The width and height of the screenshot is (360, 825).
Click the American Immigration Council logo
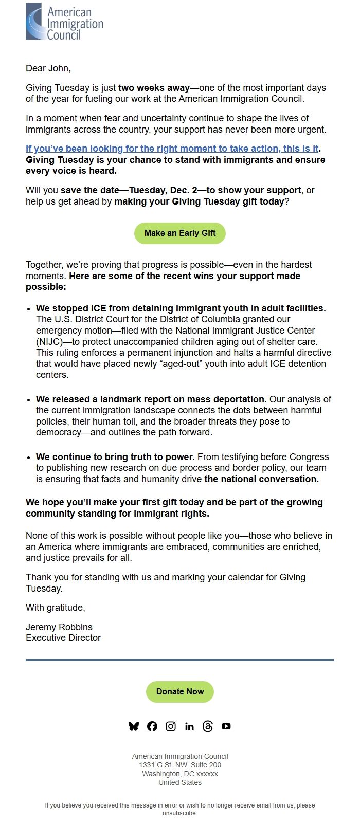[x=64, y=22]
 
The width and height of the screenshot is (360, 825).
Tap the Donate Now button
[x=180, y=691]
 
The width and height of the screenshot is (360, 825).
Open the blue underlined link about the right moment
[x=172, y=149]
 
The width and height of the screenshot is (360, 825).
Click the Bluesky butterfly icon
[x=134, y=726]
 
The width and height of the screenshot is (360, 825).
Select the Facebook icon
[x=152, y=726]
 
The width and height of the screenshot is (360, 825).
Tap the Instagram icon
[x=171, y=726]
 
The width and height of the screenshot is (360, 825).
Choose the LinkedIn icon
[x=189, y=726]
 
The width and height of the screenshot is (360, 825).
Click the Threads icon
[x=208, y=726]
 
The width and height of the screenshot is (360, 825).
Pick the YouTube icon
[x=226, y=726]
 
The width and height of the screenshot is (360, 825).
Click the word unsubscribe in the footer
[x=179, y=813]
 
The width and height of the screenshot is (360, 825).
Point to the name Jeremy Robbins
[x=59, y=627]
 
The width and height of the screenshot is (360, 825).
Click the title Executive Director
[x=63, y=638]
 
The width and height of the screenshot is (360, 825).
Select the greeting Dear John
[x=48, y=68]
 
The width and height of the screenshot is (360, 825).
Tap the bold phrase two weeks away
[x=154, y=88]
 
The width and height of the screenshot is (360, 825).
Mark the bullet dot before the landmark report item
[x=29, y=400]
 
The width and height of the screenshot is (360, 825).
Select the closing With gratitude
[x=56, y=608]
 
